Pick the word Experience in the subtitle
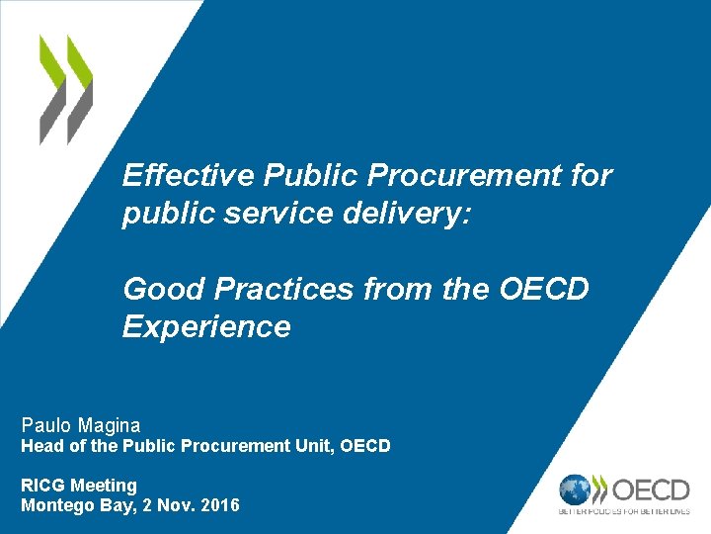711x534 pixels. [206, 327]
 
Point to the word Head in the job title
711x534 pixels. [42, 447]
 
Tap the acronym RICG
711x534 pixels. [41, 486]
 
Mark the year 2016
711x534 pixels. [218, 505]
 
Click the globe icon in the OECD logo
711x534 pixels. [575, 489]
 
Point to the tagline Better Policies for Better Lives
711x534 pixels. [625, 511]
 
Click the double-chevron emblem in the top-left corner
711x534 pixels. [66, 89]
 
